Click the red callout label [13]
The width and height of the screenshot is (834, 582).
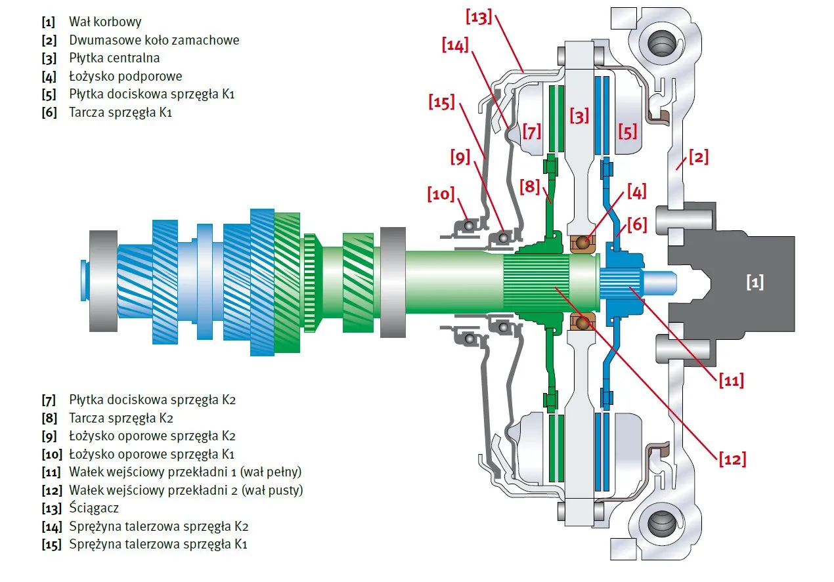click(x=479, y=18)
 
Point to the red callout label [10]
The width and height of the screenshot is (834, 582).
click(x=441, y=194)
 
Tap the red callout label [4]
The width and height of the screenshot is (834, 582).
click(x=636, y=192)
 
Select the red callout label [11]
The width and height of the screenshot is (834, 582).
click(x=730, y=380)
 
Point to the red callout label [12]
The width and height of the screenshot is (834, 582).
click(x=732, y=459)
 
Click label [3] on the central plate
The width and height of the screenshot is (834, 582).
click(x=580, y=117)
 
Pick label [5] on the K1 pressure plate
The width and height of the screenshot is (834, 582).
click(x=627, y=133)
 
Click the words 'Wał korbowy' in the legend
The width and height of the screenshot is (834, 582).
click(x=105, y=22)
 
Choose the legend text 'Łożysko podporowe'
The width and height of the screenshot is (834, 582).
click(x=125, y=76)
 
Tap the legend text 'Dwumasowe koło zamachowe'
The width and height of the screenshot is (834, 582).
click(x=154, y=40)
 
